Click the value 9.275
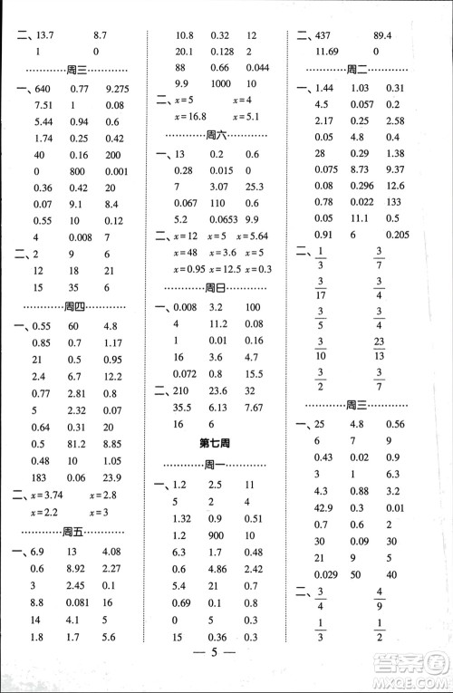coord(120,89)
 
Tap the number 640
coord(42,89)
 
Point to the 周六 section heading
coord(216,134)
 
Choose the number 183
coord(42,478)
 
